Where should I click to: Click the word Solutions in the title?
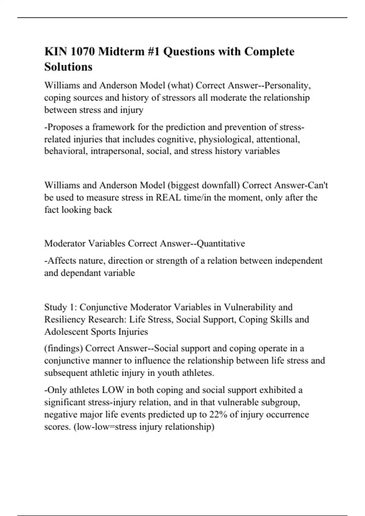pyautogui.click(x=68, y=67)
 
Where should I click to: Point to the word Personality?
pyautogui.click(x=287, y=86)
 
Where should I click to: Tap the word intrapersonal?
pyautogui.click(x=115, y=151)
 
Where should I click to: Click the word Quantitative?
pyautogui.click(x=221, y=243)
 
